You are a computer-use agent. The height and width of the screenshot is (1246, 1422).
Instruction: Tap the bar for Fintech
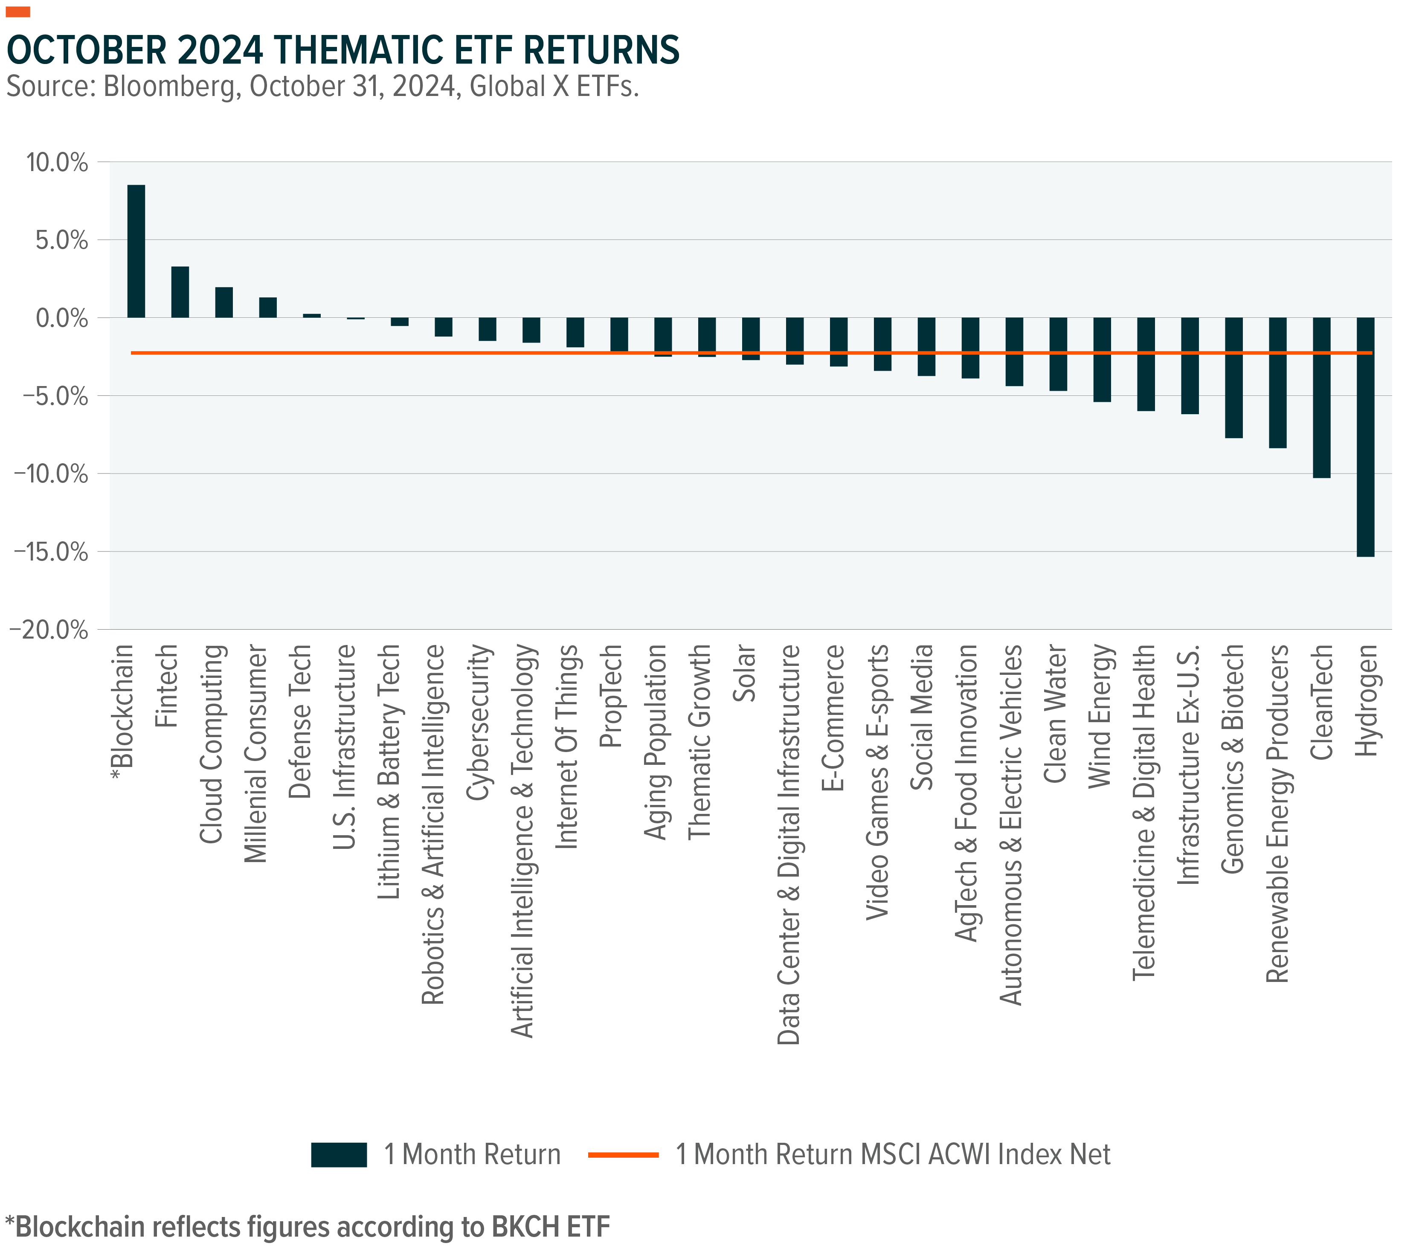coord(180,292)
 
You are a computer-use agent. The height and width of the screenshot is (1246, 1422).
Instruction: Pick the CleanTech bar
coord(1321,398)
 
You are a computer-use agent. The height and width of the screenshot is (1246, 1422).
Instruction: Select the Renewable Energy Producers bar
coord(1277,383)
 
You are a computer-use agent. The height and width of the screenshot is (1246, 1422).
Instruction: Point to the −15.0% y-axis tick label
coord(50,552)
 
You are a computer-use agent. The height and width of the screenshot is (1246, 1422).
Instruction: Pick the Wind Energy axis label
coord(1100,716)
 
